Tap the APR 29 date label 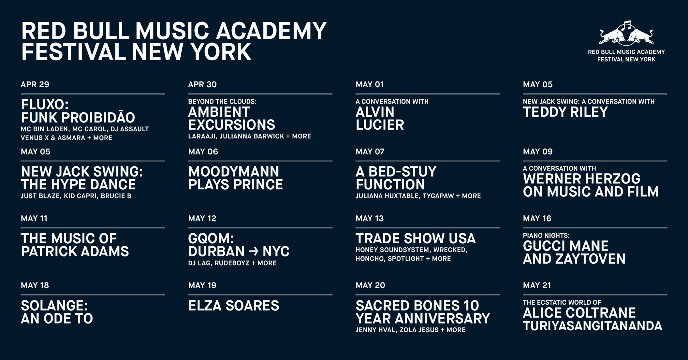click(x=35, y=85)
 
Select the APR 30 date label click(x=202, y=85)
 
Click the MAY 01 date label click(x=370, y=85)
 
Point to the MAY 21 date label click(x=537, y=285)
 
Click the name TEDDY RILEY click(x=565, y=112)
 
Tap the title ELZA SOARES click(x=234, y=306)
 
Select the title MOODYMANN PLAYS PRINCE click(x=236, y=178)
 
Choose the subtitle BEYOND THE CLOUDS click(x=222, y=102)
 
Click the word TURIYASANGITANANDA click(x=593, y=326)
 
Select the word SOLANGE click(x=54, y=306)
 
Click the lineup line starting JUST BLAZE click(x=76, y=196)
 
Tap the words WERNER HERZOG click(x=582, y=179)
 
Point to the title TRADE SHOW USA click(x=416, y=238)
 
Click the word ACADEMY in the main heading click(x=271, y=31)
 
